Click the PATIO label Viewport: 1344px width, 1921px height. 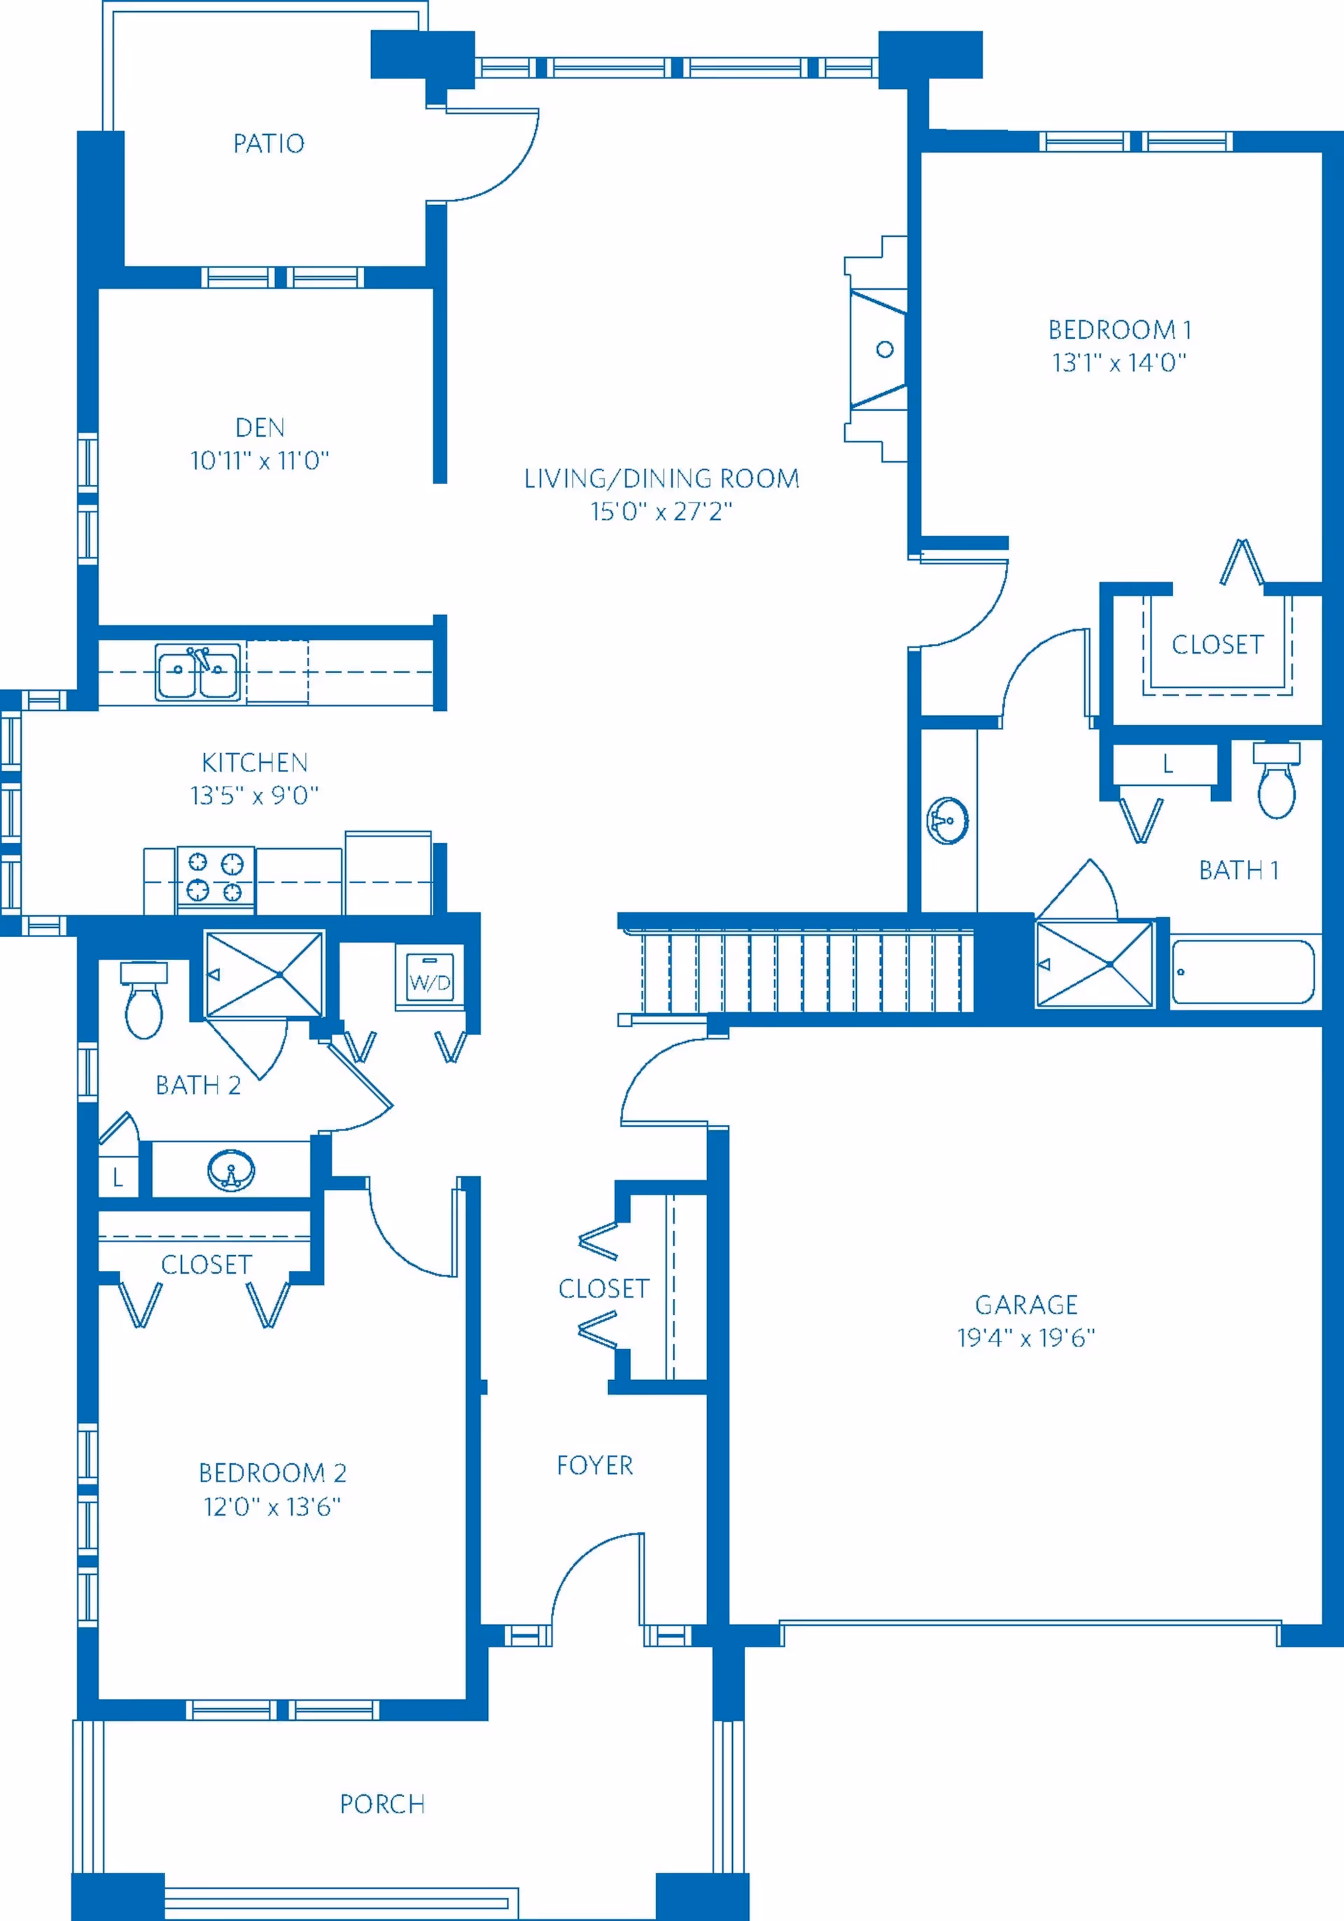(269, 144)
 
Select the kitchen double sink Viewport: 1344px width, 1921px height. (197, 671)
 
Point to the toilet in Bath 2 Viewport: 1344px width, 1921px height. (144, 1000)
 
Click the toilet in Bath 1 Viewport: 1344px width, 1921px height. (1276, 780)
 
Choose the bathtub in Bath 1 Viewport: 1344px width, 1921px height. (1242, 971)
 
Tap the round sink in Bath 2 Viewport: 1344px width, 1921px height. (231, 1169)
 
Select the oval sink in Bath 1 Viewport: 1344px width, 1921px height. (948, 820)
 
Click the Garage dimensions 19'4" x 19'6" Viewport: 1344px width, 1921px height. (1026, 1338)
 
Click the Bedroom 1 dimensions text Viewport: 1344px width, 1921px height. (1120, 363)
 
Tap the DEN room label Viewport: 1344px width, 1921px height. (260, 428)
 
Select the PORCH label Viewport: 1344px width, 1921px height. (382, 1804)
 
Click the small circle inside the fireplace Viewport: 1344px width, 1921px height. (885, 349)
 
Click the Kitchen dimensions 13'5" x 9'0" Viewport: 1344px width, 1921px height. (254, 795)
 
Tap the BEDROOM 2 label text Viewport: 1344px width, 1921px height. (273, 1472)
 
